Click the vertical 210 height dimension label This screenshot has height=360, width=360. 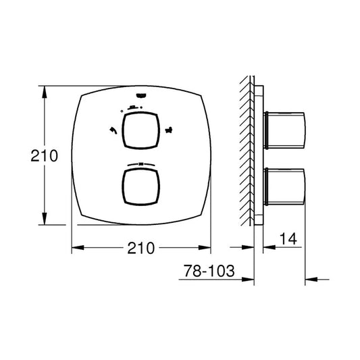coord(45,156)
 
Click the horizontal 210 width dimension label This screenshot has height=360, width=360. coord(141,248)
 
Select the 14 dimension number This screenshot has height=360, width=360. coord(288,239)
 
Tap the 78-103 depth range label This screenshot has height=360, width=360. coord(209,271)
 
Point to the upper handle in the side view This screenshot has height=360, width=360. coord(285,130)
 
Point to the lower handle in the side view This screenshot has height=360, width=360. coord(285,186)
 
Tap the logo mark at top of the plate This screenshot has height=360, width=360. coord(140,95)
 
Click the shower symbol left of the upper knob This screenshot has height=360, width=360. coord(113,130)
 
